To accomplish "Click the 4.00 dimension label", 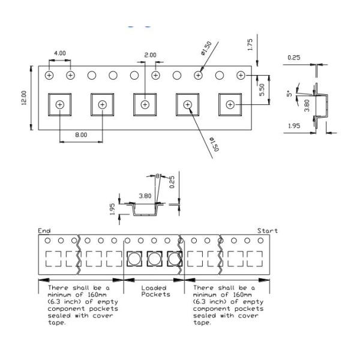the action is (x=59, y=53).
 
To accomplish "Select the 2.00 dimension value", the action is (x=150, y=55).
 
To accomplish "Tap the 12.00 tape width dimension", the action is (x=24, y=98).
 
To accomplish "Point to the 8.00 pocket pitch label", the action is (x=81, y=135).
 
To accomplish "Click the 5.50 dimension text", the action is (x=262, y=90).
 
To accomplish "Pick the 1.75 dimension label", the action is (x=250, y=44).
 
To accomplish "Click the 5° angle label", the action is (x=290, y=94).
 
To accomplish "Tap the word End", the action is (x=44, y=230).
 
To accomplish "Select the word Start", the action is (x=267, y=230).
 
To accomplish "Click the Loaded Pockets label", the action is (x=155, y=291).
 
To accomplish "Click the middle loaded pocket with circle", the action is (x=155, y=259).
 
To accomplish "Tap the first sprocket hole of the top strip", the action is (x=49, y=76).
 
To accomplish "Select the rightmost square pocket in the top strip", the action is (x=230, y=104).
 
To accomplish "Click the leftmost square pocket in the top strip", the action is (x=59, y=104).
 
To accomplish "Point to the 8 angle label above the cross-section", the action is (x=157, y=176).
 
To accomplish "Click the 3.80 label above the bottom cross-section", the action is (x=145, y=196).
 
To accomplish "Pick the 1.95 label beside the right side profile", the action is (x=294, y=126).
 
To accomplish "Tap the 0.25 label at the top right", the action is (x=294, y=58).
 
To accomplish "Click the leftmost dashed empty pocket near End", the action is (x=53, y=259).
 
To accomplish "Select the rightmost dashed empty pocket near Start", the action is (x=254, y=259).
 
